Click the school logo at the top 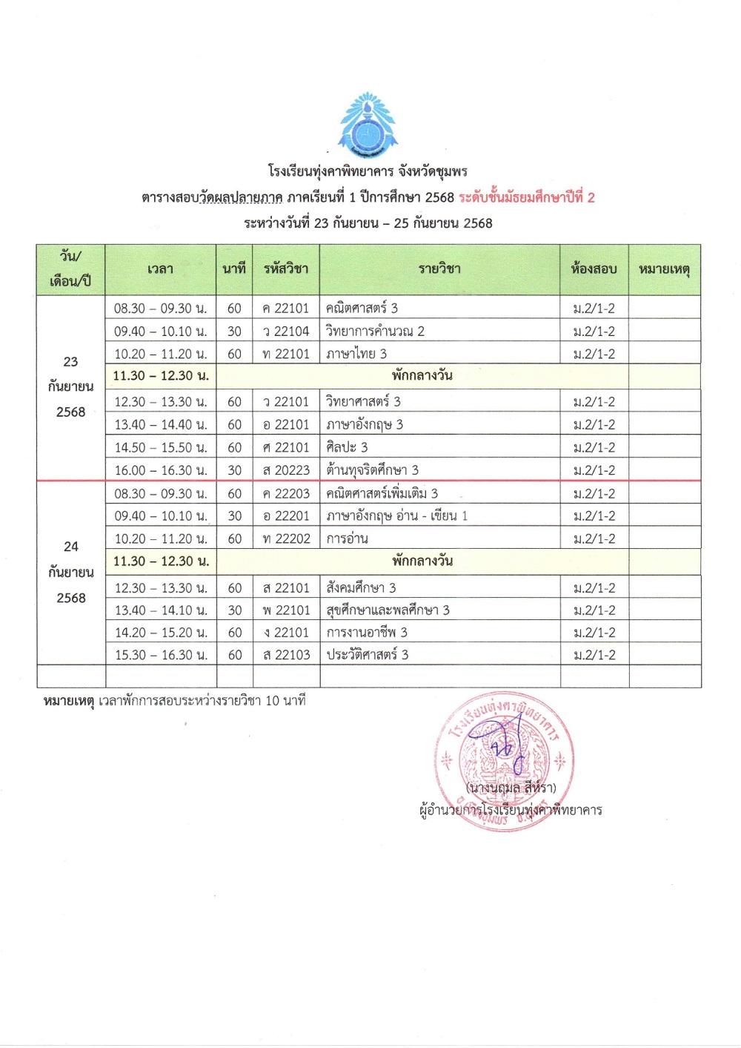point(368,125)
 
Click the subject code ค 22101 point(285,309)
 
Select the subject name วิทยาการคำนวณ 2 point(375,332)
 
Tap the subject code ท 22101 point(285,355)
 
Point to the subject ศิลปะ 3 point(347,448)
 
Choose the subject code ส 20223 point(285,470)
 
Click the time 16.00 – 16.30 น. point(160,470)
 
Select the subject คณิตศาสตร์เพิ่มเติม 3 point(382,494)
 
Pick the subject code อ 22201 point(285,516)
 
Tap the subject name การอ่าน point(347,539)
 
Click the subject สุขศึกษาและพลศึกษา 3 point(388,610)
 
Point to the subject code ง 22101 point(285,633)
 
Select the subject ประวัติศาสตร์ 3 point(368,655)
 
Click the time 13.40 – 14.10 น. point(160,610)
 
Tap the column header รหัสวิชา point(285,269)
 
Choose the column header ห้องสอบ point(594,269)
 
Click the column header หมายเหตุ point(664,269)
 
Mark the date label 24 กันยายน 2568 point(71,572)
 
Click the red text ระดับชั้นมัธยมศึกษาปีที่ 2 point(527,198)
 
